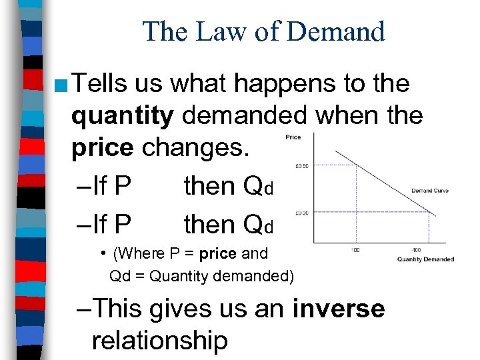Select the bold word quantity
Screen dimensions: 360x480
click(123, 116)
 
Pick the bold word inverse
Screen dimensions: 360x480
click(339, 309)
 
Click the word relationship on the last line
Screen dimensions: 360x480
click(159, 340)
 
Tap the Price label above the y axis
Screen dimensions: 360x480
click(293, 137)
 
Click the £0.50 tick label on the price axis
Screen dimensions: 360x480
click(301, 166)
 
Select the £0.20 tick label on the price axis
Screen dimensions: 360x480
click(301, 214)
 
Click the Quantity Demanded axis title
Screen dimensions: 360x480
click(425, 259)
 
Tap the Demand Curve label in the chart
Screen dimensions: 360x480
click(429, 191)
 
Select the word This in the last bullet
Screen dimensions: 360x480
click(119, 309)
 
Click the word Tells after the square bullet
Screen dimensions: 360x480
click(101, 84)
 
